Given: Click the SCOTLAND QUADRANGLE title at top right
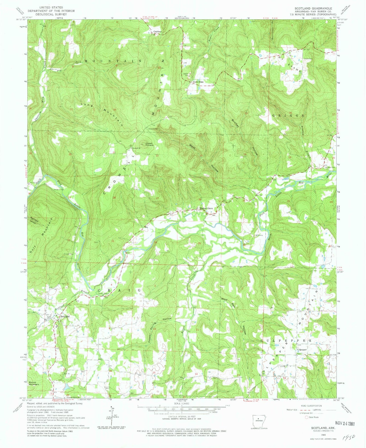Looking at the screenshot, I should tap(313, 8).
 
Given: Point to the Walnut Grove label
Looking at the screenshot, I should tap(206, 208).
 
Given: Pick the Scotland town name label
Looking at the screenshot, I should tap(65, 317).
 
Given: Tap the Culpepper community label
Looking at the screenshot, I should tap(302, 349).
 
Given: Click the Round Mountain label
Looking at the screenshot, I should tap(34, 383).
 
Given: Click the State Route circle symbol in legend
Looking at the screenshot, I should tap(307, 417).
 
